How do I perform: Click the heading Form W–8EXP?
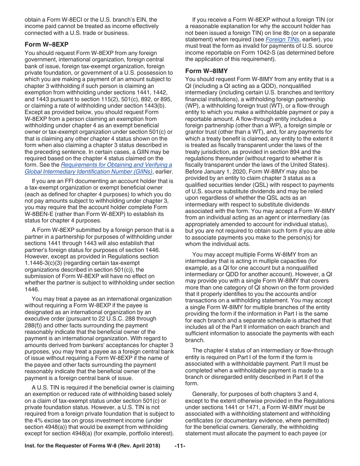(47, 44)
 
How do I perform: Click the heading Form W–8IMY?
(207, 71)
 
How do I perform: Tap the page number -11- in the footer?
(180, 446)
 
